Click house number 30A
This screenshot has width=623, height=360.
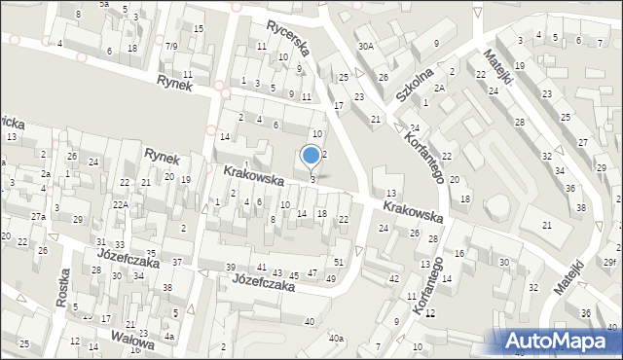[365, 46]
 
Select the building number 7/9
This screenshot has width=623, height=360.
[171, 46]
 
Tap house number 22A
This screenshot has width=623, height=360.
[120, 204]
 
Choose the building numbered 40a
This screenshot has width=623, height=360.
[336, 338]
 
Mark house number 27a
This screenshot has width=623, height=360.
[38, 216]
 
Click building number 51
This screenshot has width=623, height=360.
[339, 263]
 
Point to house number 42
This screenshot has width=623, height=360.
[394, 279]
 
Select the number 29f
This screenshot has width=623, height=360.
[609, 263]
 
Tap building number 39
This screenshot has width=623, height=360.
[231, 268]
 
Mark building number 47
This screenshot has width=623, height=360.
[312, 273]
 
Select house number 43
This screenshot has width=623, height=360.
[278, 272]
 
